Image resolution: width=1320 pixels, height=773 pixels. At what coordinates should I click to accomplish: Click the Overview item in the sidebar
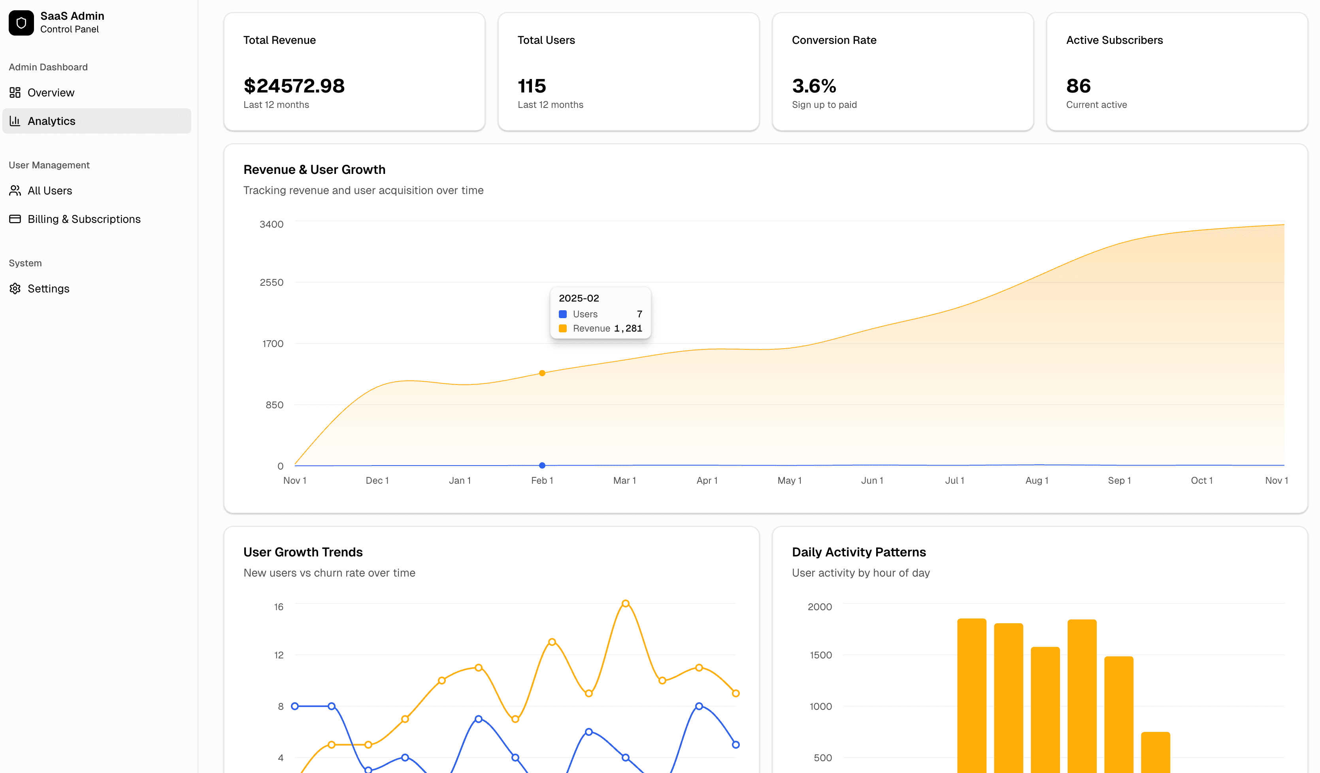tap(51, 93)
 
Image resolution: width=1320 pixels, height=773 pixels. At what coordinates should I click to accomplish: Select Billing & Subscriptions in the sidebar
tap(84, 219)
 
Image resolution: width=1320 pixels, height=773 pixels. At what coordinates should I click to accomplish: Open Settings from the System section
tap(48, 288)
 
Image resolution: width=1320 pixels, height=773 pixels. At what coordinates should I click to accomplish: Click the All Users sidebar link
tap(50, 190)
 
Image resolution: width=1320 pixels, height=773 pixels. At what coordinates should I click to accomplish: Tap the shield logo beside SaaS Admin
tap(21, 23)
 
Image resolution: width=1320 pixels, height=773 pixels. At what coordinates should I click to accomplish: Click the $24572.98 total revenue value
tap(294, 86)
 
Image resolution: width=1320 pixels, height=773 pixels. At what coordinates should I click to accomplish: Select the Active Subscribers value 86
tap(1078, 86)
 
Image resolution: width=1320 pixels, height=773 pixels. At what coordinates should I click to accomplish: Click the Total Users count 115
tap(532, 86)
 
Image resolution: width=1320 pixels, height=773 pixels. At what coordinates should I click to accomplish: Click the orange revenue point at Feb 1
tap(542, 373)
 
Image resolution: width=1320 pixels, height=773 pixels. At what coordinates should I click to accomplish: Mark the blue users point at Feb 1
tap(542, 465)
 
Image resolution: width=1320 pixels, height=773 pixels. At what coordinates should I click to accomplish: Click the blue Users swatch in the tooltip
tap(562, 314)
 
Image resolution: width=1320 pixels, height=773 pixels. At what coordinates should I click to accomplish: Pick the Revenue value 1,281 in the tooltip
tap(628, 328)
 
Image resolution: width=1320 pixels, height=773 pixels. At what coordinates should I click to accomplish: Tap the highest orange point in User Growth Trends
tap(626, 604)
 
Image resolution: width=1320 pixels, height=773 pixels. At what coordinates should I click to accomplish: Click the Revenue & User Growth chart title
tap(314, 170)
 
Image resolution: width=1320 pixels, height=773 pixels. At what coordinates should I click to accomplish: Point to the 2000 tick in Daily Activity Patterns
tap(819, 607)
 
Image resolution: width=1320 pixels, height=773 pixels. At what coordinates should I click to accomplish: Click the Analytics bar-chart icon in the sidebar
tap(15, 121)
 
